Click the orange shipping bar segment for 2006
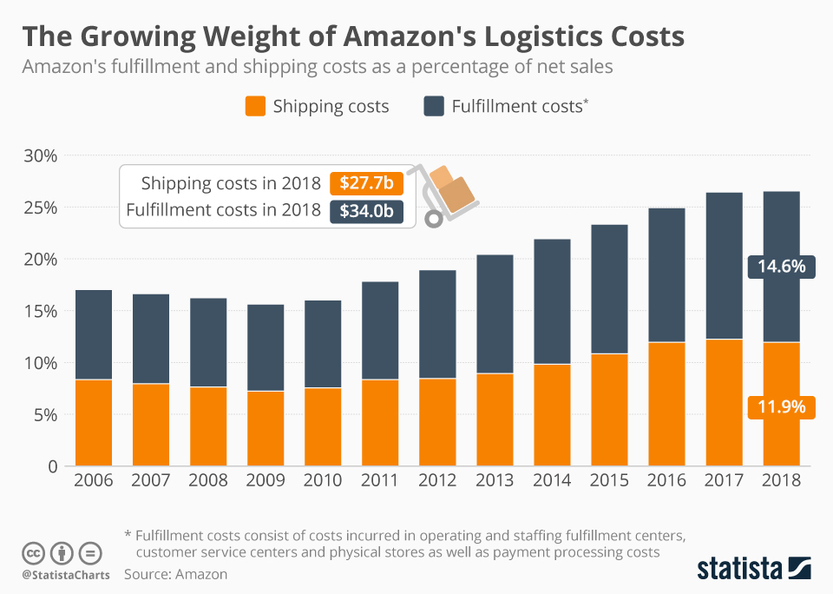coord(93,422)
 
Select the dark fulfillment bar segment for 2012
coord(436,324)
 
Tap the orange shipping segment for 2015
coord(609,409)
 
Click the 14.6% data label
coord(780,267)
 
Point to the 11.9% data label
coord(780,406)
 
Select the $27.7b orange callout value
coord(366,183)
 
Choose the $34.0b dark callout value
coord(366,210)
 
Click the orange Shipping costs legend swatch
coord(254,107)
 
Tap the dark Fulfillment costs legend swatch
coord(434,107)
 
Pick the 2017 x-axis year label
coord(724,479)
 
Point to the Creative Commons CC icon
coord(33,552)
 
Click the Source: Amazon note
coord(175,574)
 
